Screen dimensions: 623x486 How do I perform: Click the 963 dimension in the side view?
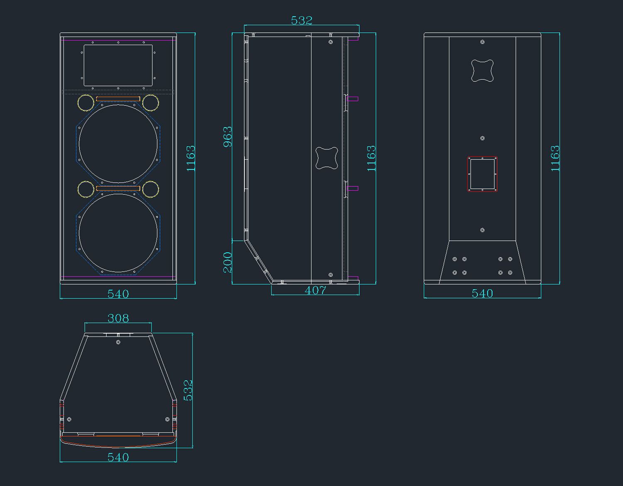(228, 137)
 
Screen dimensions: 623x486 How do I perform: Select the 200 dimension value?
(228, 262)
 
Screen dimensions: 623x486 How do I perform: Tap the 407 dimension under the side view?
(315, 291)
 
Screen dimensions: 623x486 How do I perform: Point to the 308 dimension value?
(118, 318)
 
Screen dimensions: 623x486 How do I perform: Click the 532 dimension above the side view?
(302, 20)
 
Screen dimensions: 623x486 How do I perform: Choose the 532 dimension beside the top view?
(188, 391)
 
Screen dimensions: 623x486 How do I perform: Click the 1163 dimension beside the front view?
(191, 159)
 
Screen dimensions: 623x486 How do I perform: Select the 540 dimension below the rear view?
(483, 293)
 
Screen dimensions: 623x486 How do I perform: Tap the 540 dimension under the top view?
(118, 457)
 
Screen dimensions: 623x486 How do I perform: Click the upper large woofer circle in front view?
(118, 105)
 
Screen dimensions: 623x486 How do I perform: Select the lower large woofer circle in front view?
(118, 194)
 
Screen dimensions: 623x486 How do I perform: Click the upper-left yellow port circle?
(86, 95)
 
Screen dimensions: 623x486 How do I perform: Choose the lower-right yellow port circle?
(150, 181)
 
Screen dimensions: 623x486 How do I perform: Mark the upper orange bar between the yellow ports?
(118, 99)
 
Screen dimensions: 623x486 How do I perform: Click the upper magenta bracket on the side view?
(353, 99)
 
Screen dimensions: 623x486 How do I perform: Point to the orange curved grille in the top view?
(118, 447)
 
